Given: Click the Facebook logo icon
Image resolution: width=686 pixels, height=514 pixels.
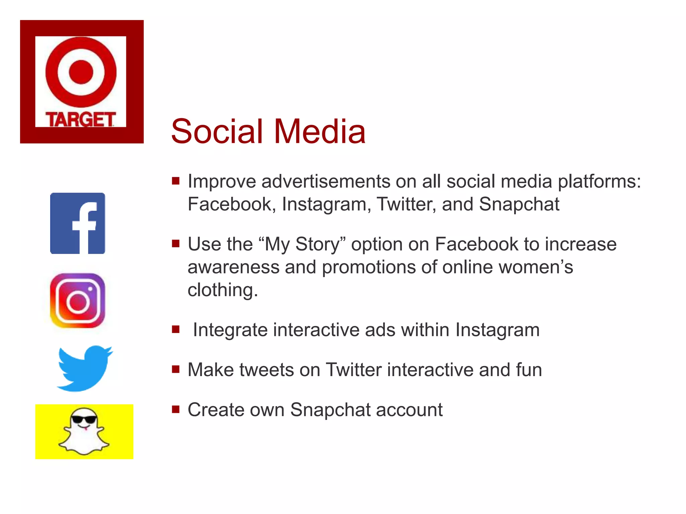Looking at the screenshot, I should pos(77,223).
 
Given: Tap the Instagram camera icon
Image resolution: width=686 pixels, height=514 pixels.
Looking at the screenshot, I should pos(77,301).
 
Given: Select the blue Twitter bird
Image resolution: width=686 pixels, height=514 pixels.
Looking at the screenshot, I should pos(84,368).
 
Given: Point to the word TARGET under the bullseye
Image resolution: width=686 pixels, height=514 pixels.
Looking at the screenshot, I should pos(80,119).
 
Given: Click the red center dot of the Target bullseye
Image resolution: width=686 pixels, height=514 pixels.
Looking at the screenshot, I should pos(81,72).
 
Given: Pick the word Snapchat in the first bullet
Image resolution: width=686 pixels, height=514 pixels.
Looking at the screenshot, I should pos(519,204).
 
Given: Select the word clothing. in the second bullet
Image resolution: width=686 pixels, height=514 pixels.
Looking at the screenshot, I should pos(223,290).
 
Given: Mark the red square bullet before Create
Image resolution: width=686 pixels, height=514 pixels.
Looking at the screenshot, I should pos(176,409).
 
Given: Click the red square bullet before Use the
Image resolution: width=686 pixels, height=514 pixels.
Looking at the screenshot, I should pos(176,243).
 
